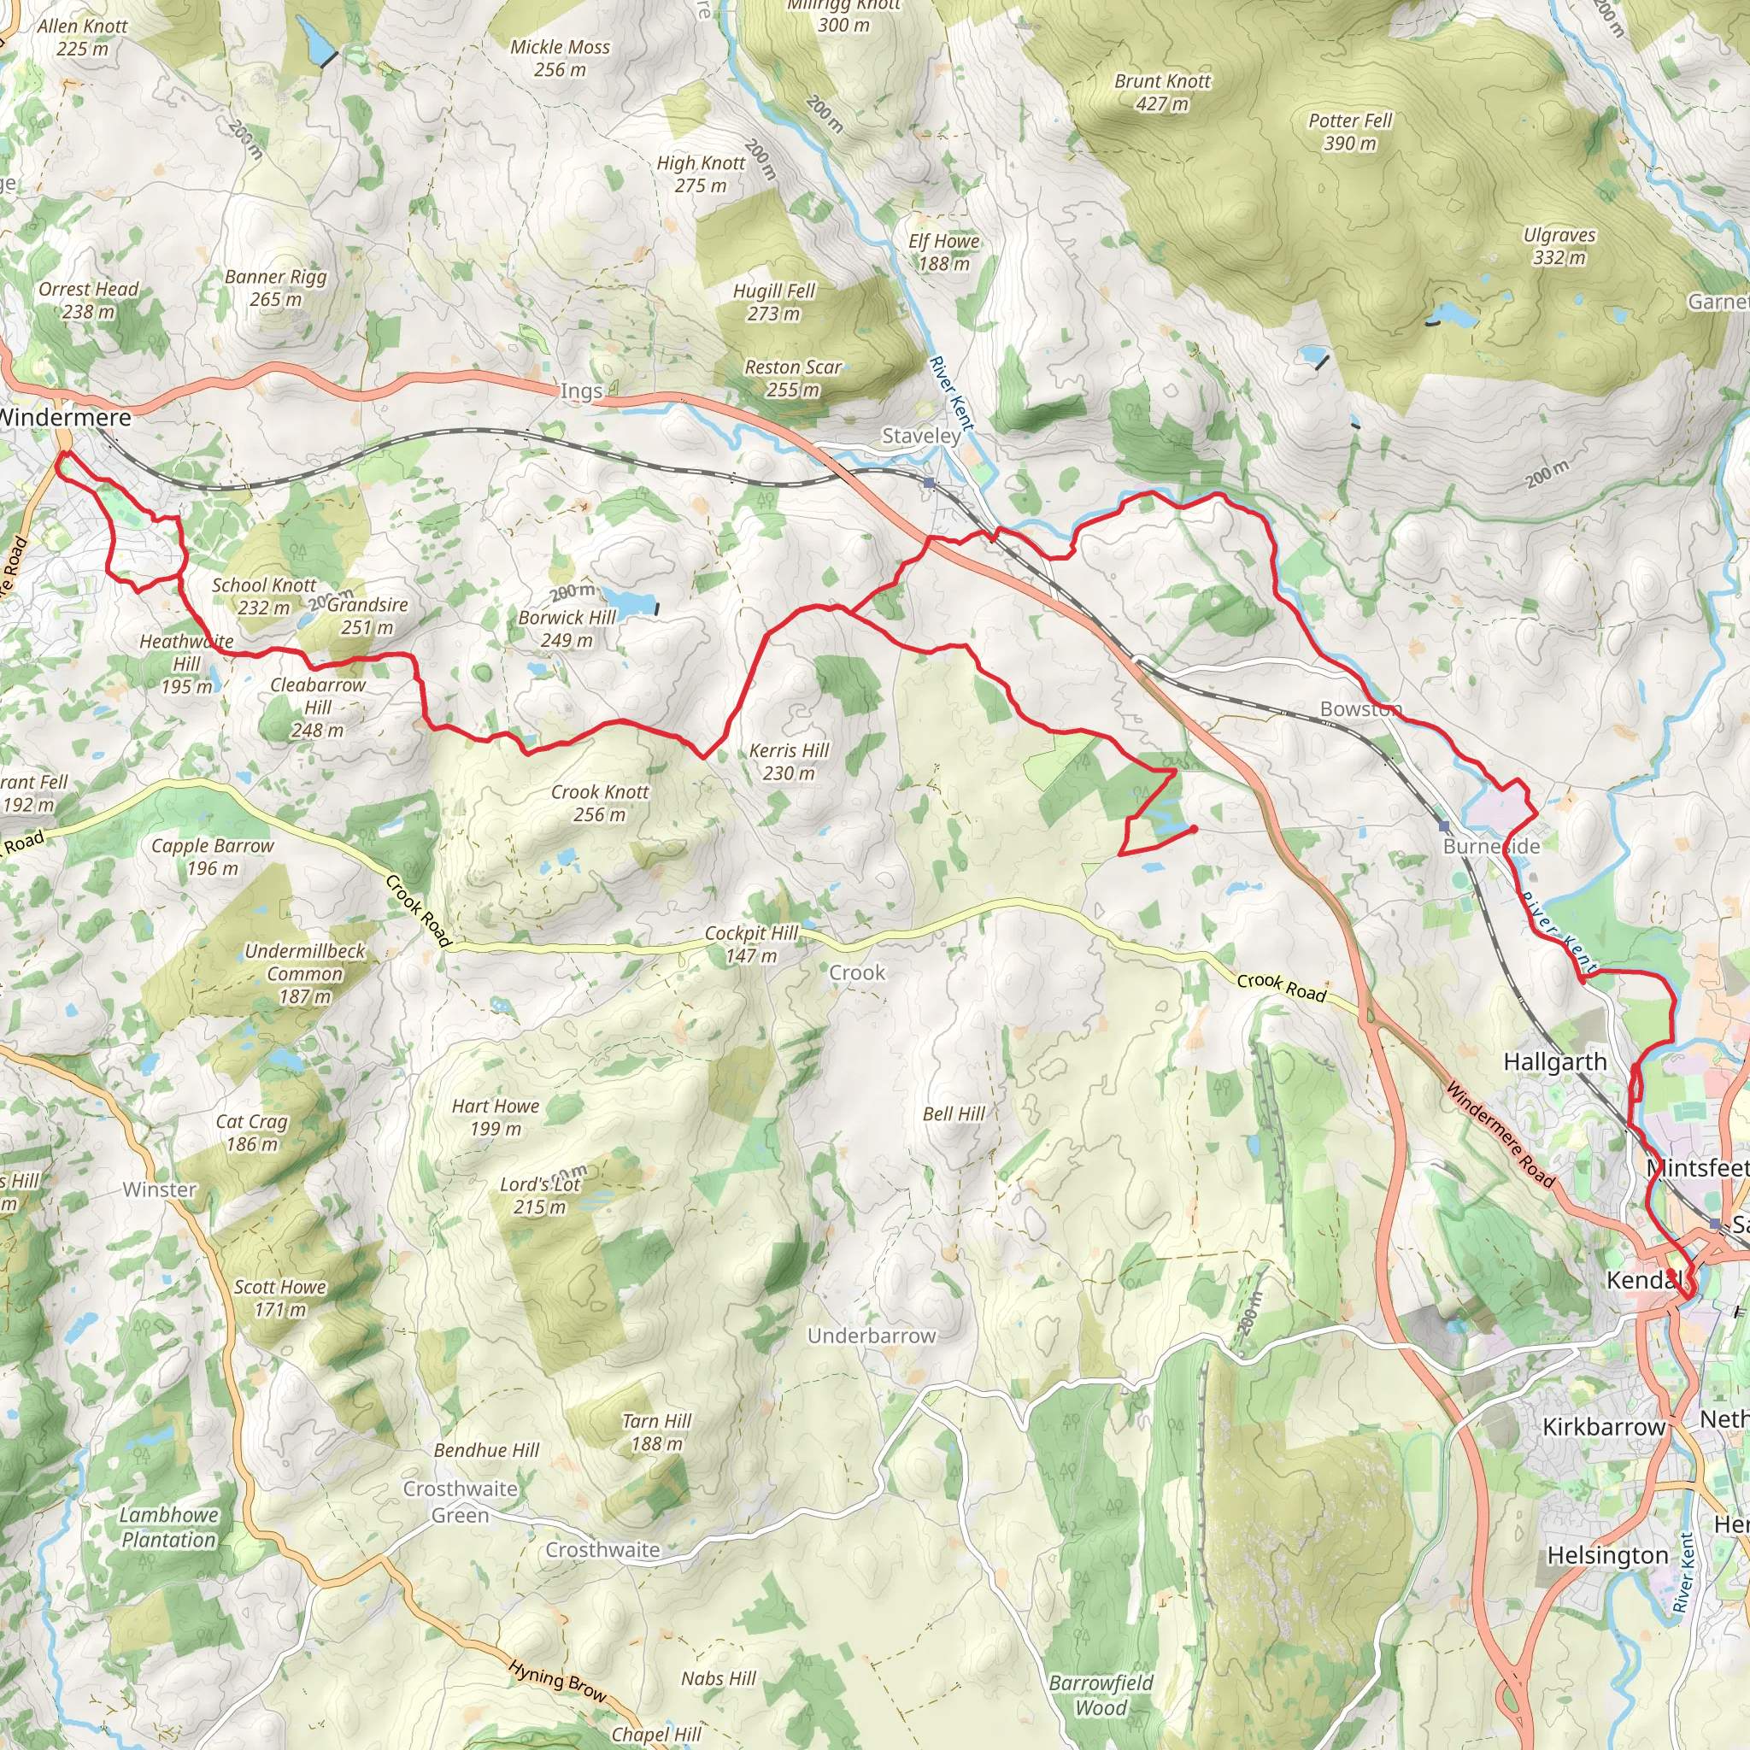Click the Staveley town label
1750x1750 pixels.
[921, 436]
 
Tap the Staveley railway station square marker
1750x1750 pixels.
[930, 483]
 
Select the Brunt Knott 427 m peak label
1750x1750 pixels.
[1162, 92]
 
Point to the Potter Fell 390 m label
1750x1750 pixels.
[1349, 132]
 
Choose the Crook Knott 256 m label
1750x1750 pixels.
[600, 802]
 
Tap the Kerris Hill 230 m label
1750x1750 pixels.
[789, 760]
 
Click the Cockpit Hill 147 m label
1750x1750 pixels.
[752, 944]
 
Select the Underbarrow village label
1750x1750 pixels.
[872, 1336]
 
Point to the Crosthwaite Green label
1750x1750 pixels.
[461, 1500]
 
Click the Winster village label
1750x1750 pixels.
[160, 1189]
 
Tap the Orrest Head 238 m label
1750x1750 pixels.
[89, 300]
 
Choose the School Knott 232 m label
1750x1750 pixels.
[263, 596]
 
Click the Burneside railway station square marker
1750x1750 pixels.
[1444, 826]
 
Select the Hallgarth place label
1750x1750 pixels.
[1555, 1061]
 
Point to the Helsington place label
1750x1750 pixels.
[1607, 1555]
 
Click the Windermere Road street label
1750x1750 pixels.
[1500, 1135]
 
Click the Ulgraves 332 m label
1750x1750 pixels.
[1559, 245]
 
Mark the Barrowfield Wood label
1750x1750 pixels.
[1101, 1694]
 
